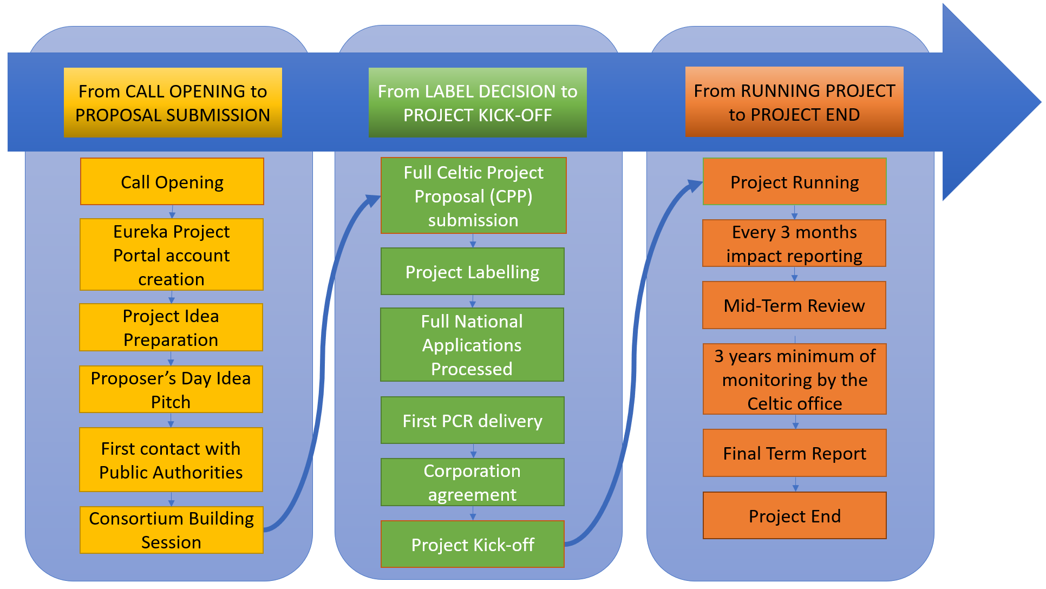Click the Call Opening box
pos(172,182)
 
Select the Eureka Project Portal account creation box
pos(172,255)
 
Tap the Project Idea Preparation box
pos(171,328)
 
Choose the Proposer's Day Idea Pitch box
pos(171,390)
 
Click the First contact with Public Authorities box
pos(171,460)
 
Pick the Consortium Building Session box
pos(172,530)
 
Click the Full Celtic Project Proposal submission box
pos(474,196)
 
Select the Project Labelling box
pos(473,272)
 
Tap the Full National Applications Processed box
pos(472,345)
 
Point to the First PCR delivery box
pos(473,421)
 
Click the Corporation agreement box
pos(473,482)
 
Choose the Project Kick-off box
pos(473,545)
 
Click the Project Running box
pos(795,182)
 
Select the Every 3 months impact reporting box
pos(794,244)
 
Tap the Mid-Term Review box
pos(794,305)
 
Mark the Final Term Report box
pos(795,453)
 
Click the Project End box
pos(795,516)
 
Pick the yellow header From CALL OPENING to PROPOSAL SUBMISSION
pos(173,103)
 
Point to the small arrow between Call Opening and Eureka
pos(172,212)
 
